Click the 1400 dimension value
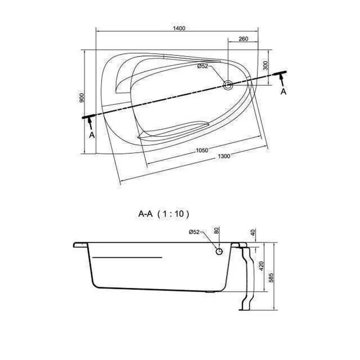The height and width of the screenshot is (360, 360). pos(179,28)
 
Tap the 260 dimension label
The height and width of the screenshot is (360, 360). pos(243,39)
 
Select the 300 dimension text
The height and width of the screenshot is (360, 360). pos(265,66)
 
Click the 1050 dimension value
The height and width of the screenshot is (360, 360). pos(202,150)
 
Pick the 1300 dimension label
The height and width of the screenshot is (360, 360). pos(224,156)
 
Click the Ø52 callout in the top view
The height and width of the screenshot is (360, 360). pos(202,66)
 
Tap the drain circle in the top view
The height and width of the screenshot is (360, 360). pos(228,85)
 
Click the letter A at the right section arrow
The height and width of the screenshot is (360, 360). pos(284,91)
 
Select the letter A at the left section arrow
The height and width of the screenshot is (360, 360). pos(92,135)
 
